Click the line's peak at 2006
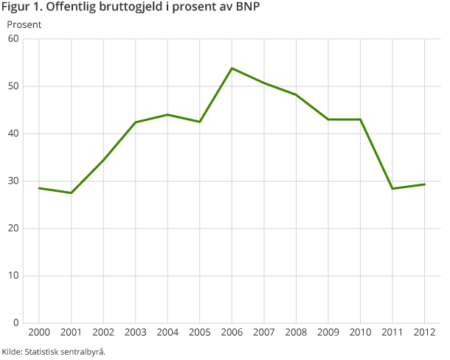tap(232, 69)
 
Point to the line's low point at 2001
tap(71, 193)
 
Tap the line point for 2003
tap(135, 122)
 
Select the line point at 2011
tap(392, 189)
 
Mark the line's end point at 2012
tap(425, 184)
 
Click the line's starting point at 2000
tap(38, 188)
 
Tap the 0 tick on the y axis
tap(15, 323)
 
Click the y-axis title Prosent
tap(24, 24)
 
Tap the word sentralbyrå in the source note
tap(82, 351)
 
